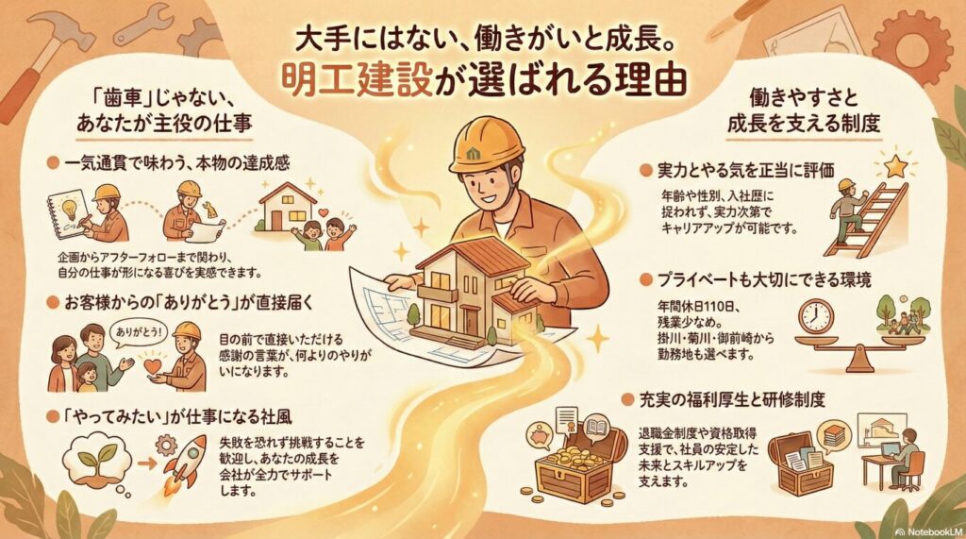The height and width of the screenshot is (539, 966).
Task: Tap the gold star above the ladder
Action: click(895, 166)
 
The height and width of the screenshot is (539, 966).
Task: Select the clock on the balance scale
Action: click(817, 316)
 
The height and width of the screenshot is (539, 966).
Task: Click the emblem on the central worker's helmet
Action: click(475, 151)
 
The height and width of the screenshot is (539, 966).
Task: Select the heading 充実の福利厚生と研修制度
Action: click(731, 399)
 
